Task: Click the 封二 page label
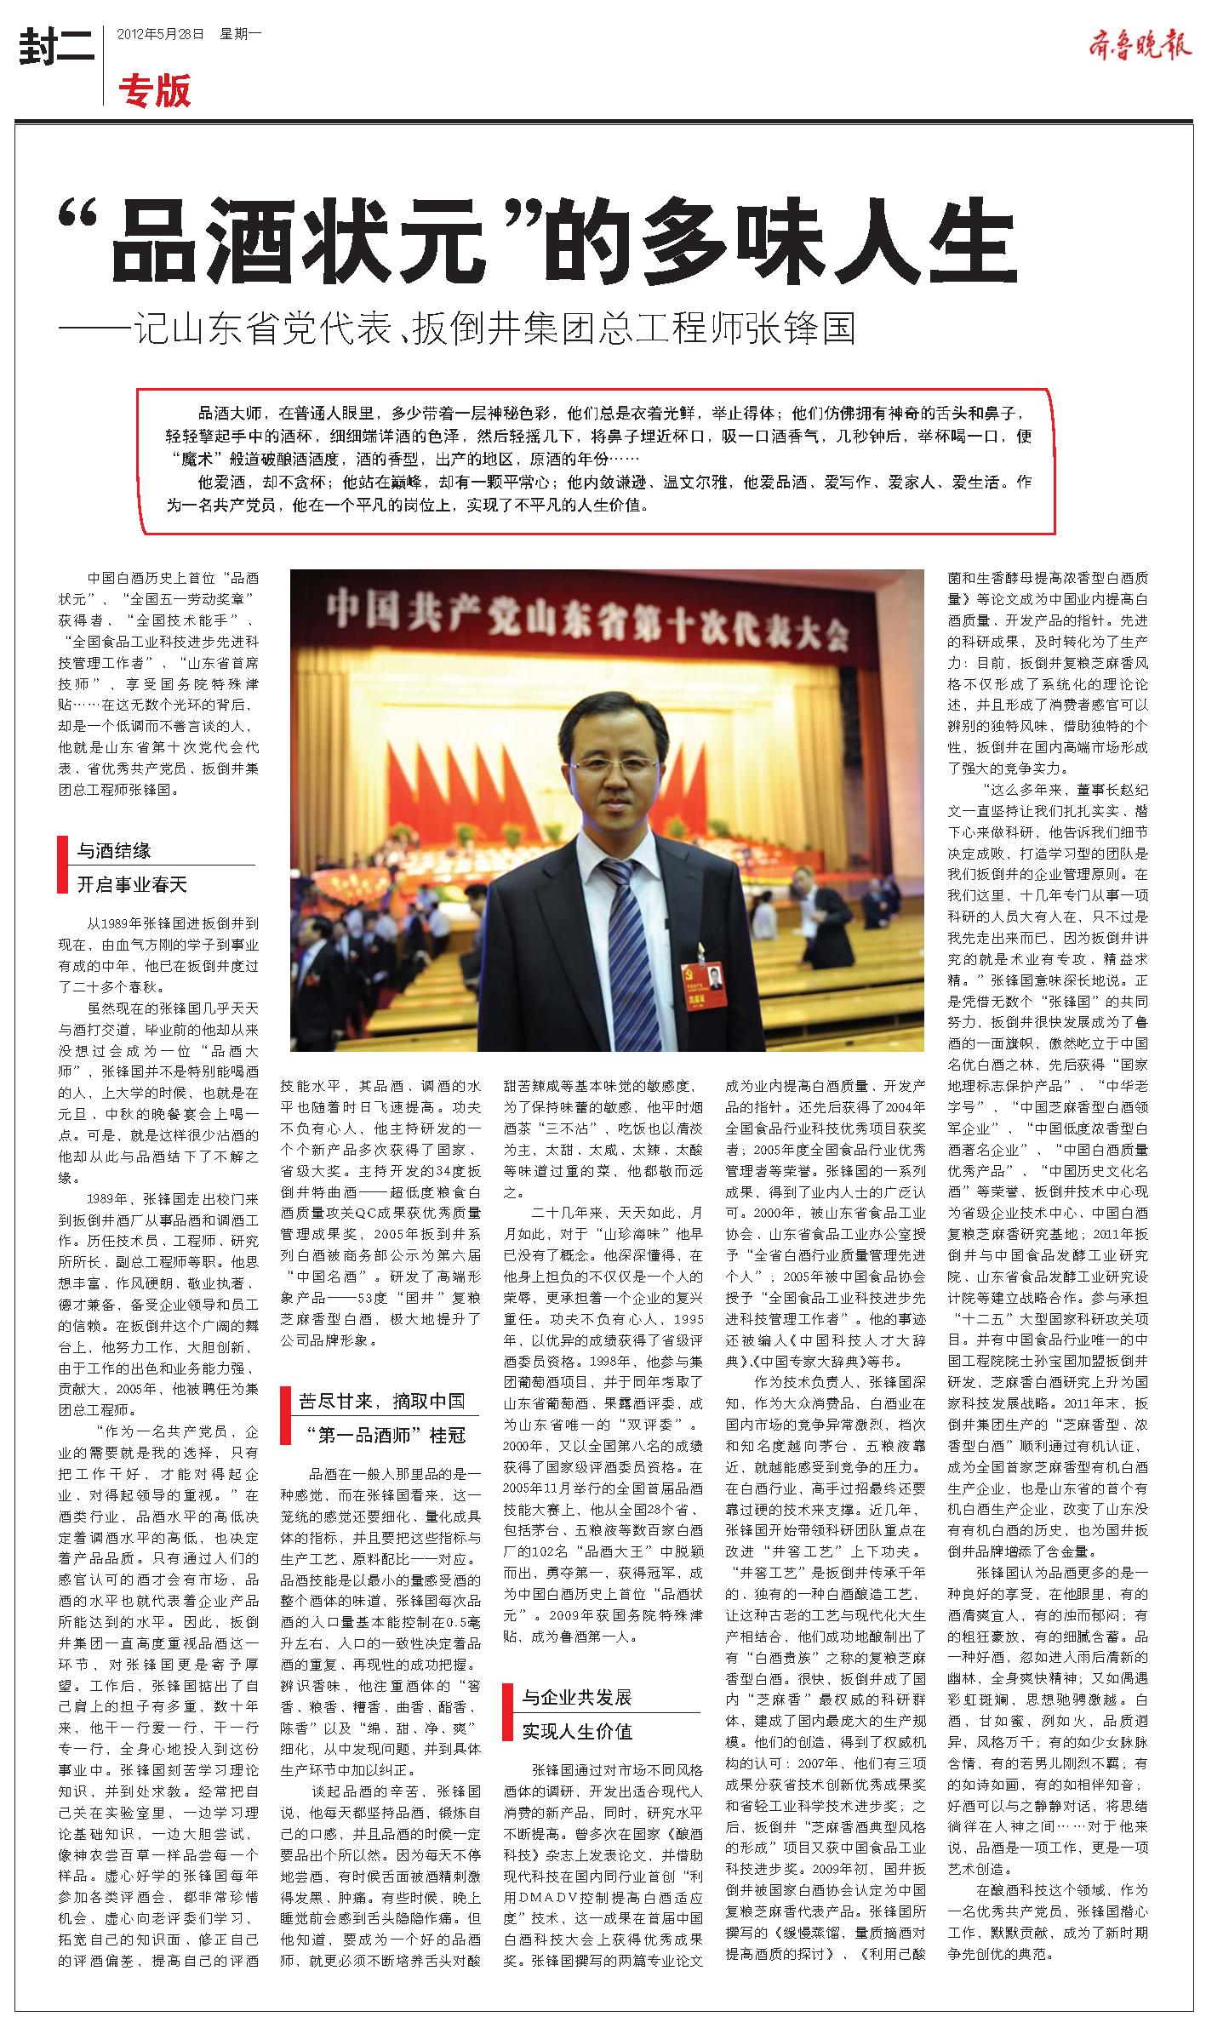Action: click(55, 48)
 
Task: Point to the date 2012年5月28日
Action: click(161, 35)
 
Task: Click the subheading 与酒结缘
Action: click(114, 850)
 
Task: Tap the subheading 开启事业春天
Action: click(131, 884)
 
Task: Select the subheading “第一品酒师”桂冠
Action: click(386, 1436)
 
